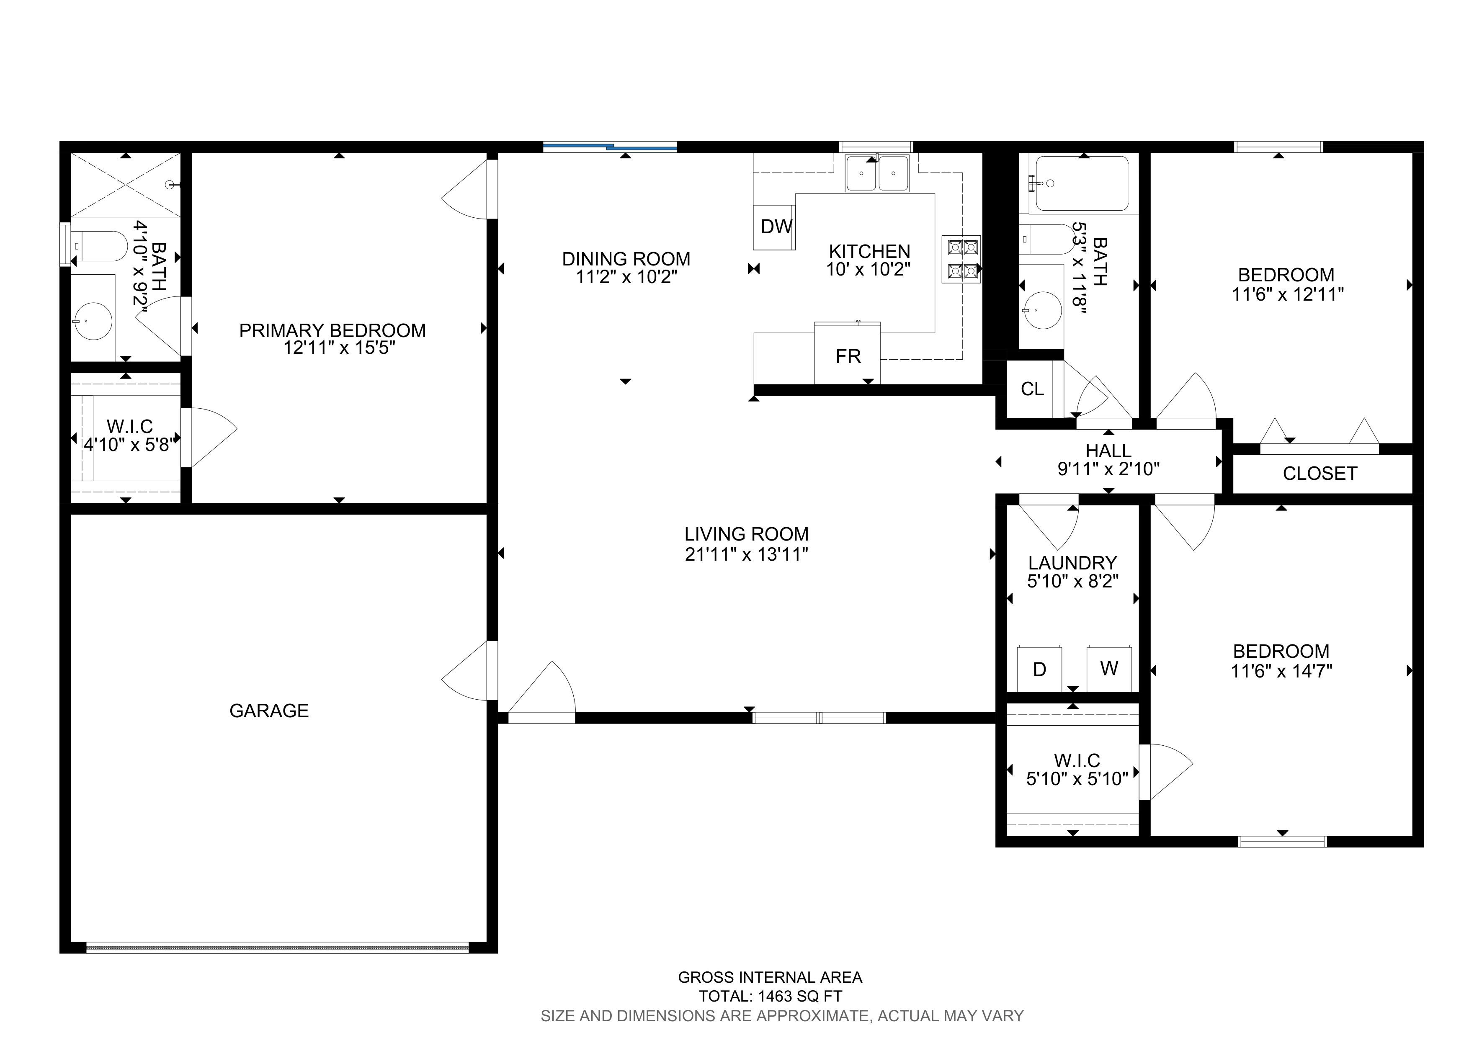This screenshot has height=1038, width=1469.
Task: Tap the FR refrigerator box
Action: pos(847,353)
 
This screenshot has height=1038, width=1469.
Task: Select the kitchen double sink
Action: pos(877,173)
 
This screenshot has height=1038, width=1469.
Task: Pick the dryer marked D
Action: pos(1040,668)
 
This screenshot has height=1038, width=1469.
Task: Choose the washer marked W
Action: pos(1109,668)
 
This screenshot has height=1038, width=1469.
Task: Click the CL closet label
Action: pos(1032,389)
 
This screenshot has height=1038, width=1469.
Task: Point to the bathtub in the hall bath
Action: pos(1081,183)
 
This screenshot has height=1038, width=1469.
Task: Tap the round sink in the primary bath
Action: pos(93,321)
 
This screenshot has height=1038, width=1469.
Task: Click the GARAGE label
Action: pos(269,711)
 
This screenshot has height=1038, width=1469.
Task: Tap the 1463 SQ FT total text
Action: pos(800,996)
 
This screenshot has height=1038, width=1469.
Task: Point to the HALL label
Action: pos(1108,451)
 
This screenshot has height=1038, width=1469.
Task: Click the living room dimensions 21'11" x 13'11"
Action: pos(747,554)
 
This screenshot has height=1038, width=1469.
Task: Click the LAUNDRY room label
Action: pos(1072,563)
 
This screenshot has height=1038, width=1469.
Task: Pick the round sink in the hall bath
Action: pos(1042,310)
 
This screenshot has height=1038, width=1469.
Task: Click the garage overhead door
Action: pos(278,947)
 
